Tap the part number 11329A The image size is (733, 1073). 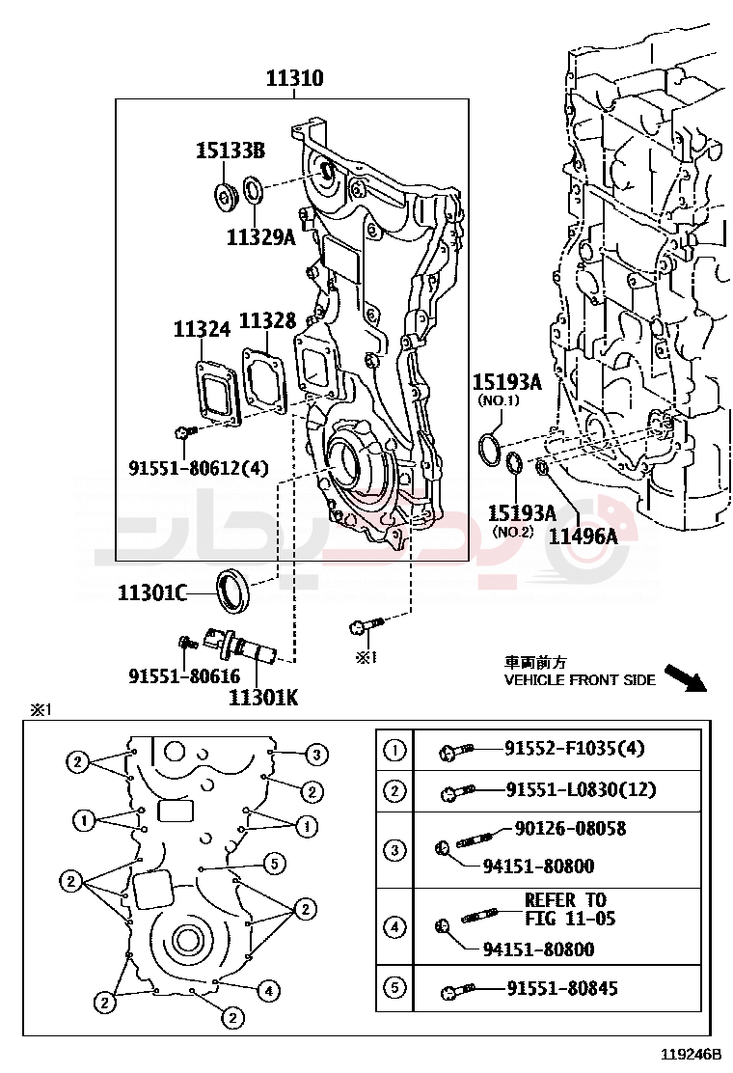(260, 235)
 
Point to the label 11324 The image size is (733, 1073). (202, 329)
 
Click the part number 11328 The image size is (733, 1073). (267, 321)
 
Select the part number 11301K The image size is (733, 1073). (263, 694)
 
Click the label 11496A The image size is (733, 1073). (583, 534)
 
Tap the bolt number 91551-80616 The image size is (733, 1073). (184, 677)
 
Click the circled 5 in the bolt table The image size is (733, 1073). (394, 989)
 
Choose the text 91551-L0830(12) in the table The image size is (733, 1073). (581, 790)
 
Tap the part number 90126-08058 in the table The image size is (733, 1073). (570, 828)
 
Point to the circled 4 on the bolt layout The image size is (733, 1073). (268, 990)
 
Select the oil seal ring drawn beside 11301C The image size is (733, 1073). (232, 591)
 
